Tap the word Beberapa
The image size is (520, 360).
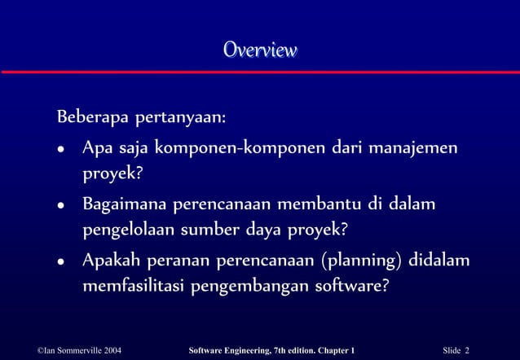86,117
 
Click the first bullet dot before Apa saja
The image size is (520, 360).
60,151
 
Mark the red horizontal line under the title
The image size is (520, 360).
260,72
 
